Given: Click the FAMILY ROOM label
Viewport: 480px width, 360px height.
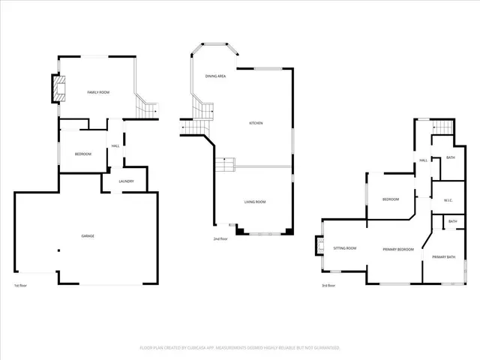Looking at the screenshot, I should point(98,91).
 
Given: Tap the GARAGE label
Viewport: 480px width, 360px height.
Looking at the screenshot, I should point(88,236).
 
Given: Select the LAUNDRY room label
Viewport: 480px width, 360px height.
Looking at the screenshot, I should point(126,181).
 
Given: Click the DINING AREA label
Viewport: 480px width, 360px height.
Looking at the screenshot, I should point(216,76).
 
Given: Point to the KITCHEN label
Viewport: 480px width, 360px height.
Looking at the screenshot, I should point(256,123).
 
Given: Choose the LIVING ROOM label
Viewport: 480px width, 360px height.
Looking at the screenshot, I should point(256,202).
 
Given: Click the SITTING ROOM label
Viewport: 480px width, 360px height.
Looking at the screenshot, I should point(345,248).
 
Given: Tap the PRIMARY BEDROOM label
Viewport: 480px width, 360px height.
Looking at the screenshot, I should point(398,249).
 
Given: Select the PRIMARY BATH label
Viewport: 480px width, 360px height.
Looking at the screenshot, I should point(443,257).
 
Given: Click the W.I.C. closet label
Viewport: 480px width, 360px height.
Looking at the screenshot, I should point(448,199).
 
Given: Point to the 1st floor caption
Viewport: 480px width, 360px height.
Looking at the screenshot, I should point(21,286).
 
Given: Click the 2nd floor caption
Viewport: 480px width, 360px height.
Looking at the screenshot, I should point(220,238).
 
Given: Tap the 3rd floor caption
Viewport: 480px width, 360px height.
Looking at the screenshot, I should point(328,286).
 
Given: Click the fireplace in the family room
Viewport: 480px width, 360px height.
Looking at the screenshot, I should point(57,89).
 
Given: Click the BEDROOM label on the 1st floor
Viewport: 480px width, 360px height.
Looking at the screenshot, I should point(82,154).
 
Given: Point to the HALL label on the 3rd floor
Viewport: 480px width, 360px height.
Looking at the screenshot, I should point(424,160).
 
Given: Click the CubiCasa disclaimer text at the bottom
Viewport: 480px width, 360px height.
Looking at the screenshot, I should point(240,348).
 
